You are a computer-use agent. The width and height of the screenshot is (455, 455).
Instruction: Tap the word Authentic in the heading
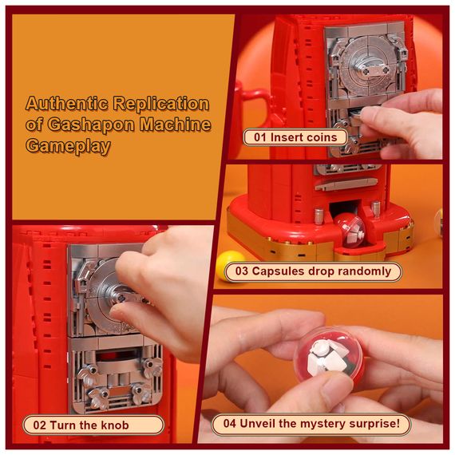click(x=67, y=103)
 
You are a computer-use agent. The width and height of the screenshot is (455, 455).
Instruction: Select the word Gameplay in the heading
click(x=68, y=145)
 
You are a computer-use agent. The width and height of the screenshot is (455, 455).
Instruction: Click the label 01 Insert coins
click(x=295, y=137)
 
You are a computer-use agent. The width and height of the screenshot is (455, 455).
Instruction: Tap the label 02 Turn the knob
click(x=93, y=425)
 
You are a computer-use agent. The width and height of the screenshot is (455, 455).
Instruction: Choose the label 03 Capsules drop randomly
click(x=313, y=271)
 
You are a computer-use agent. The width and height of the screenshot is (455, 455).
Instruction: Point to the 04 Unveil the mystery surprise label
click(x=311, y=423)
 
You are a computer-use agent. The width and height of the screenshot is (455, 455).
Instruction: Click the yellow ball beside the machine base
click(x=231, y=265)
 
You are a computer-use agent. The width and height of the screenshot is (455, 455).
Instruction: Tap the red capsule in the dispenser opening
click(x=350, y=231)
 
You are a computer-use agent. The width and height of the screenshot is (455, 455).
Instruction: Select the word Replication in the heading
click(x=161, y=103)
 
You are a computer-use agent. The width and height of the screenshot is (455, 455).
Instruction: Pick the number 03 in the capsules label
click(x=241, y=271)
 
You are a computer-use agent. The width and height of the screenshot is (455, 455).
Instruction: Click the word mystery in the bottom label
click(x=322, y=424)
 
